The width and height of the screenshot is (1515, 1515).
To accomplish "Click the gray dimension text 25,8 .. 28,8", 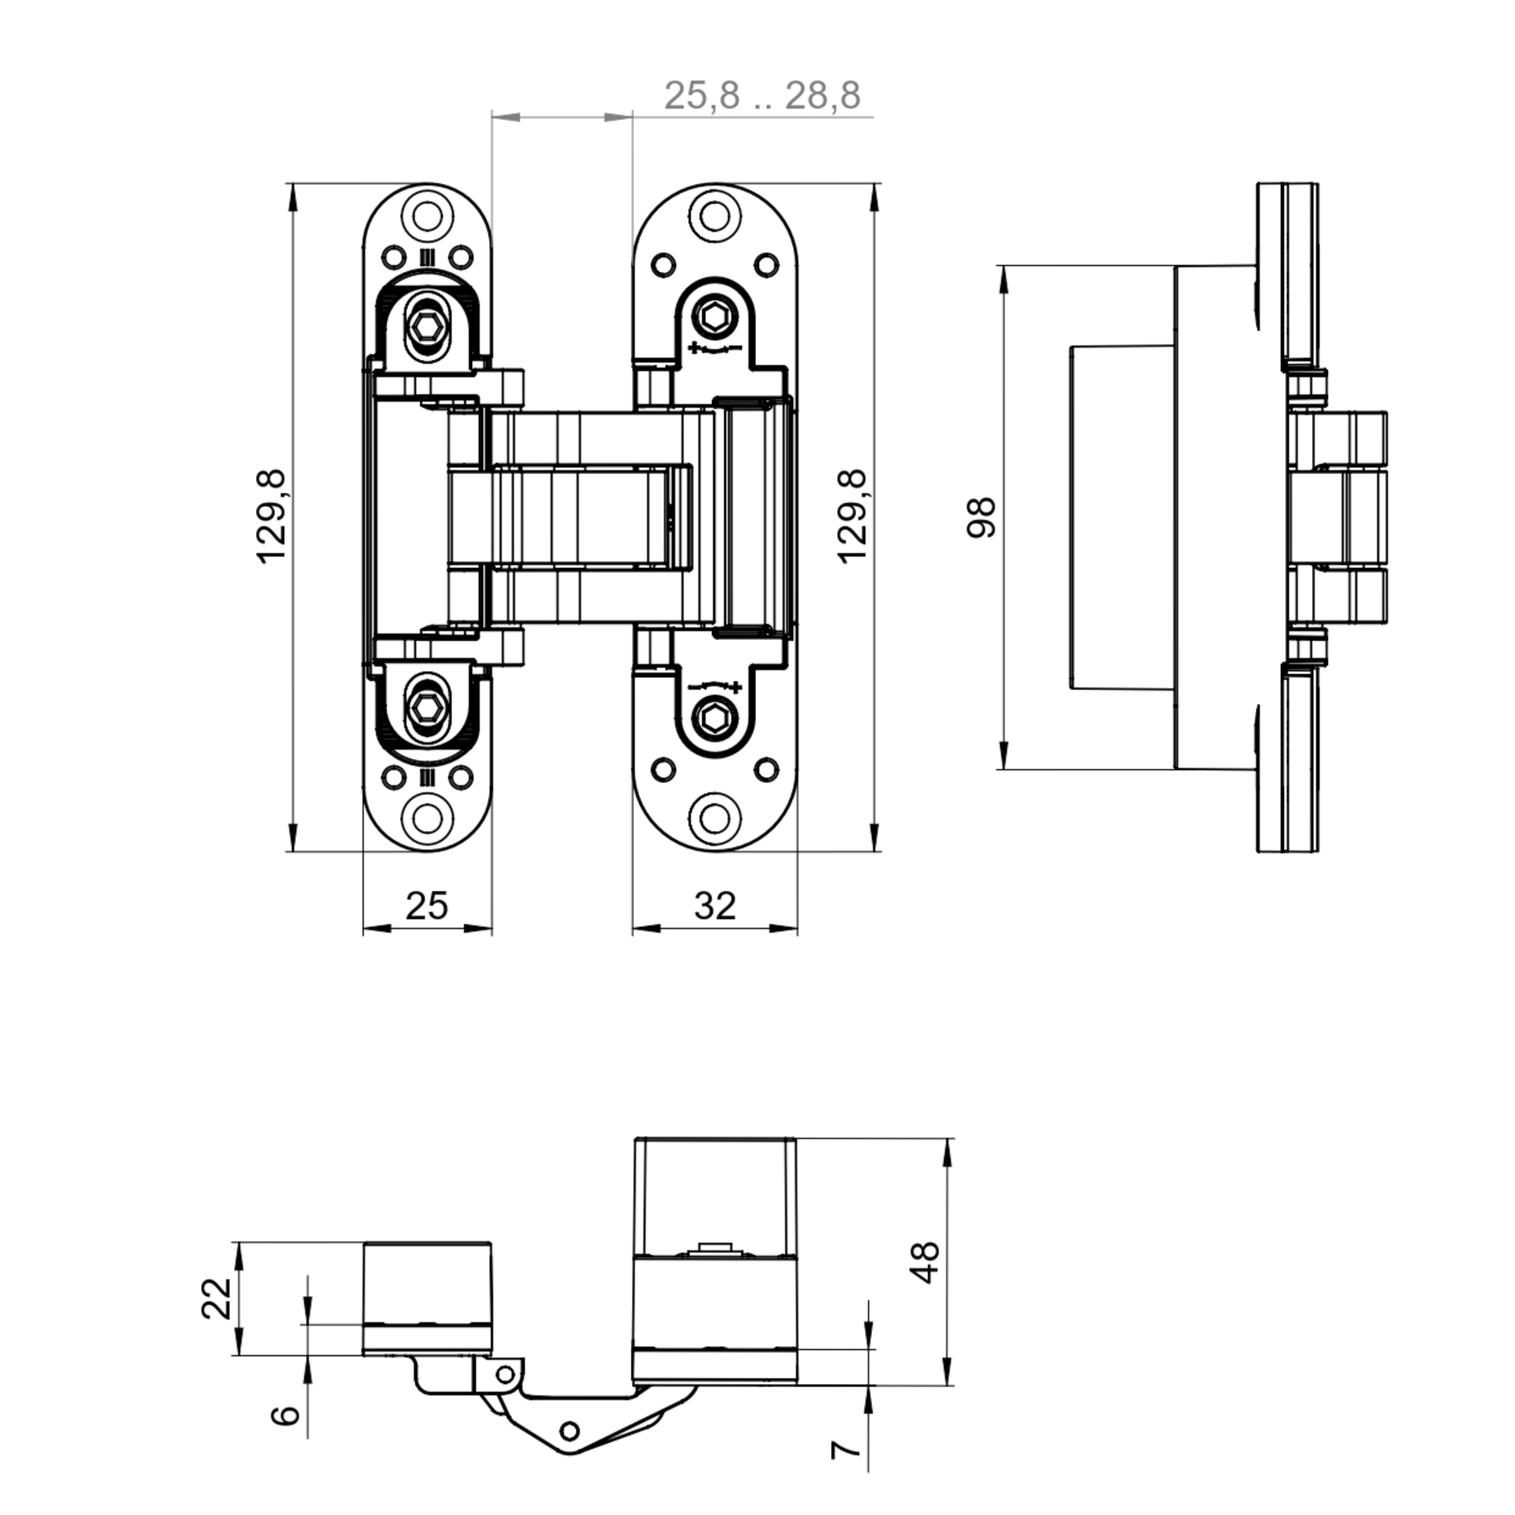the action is pos(762,95).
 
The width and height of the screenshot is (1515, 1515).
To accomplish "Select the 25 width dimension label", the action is pos(426,906).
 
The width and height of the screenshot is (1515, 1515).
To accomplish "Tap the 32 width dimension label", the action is pos(714,906).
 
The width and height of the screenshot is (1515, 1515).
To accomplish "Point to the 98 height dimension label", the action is pos(980,517).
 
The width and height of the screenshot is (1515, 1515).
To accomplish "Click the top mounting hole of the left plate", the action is pos(427,216).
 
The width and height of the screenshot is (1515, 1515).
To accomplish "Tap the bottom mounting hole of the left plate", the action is pos(427,818).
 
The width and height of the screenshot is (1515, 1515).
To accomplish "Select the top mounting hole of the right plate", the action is pos(714,216).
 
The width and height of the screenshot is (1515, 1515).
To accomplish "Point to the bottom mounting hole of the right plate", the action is pos(714,818).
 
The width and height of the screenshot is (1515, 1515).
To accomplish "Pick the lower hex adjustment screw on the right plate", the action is pos(714,718).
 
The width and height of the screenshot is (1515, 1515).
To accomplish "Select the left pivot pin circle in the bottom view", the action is pos(506,1375).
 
